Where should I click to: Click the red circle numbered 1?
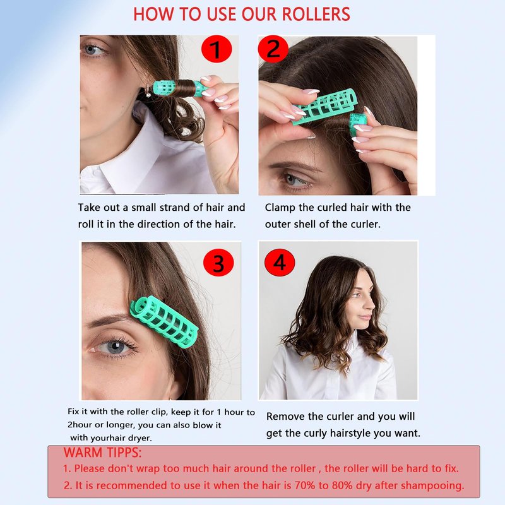217,49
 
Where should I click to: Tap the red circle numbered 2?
273,49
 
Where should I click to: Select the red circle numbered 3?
218,263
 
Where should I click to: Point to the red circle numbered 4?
280,263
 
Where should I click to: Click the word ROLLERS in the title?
316,14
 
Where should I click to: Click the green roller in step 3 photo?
163,323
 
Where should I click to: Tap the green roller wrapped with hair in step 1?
179,88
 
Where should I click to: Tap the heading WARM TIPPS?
102,453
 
